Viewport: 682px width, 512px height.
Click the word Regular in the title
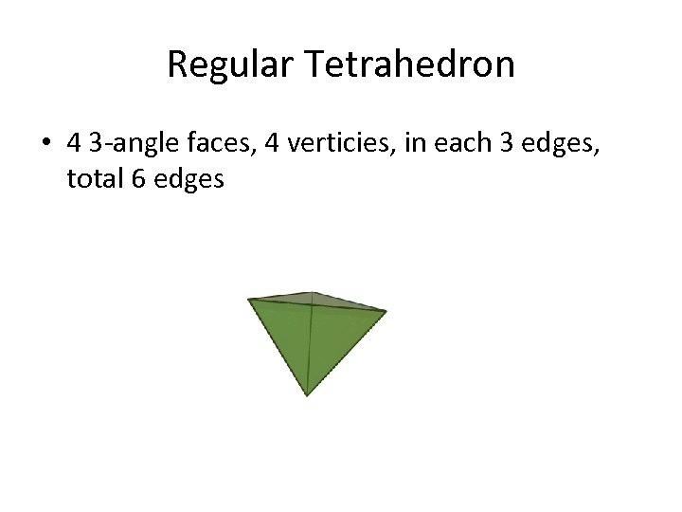pos(231,64)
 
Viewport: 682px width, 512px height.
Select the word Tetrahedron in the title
pos(410,64)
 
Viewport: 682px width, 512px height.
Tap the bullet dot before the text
pos(45,144)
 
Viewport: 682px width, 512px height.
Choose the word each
pos(466,144)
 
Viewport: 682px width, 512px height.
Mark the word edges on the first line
pos(564,145)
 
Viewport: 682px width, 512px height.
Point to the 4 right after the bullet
pos(74,144)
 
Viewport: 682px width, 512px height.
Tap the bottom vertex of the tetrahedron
pos(306,395)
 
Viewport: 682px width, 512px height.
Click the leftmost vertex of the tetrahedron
pos(249,300)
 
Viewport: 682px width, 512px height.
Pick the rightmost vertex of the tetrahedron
pos(386,310)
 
